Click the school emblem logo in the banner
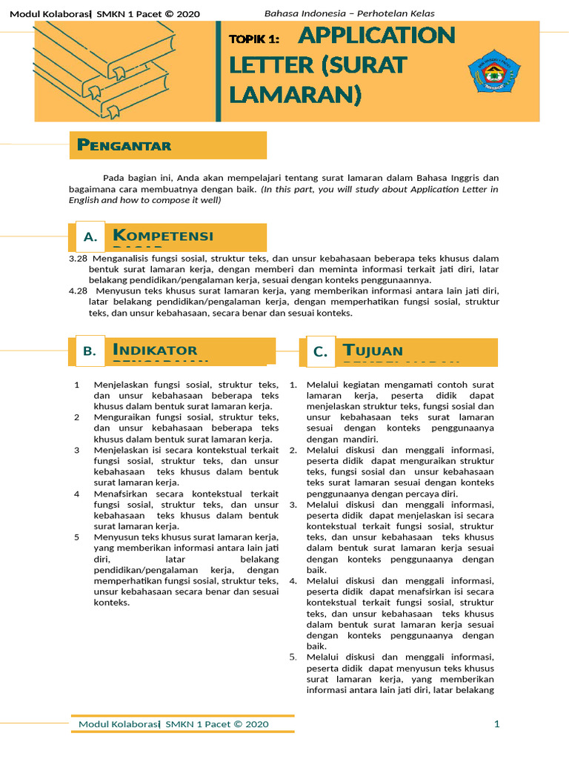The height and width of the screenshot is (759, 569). point(495,71)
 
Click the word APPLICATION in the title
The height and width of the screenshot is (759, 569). point(376,35)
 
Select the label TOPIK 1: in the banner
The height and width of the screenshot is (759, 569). point(253,39)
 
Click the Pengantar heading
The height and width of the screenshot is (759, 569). point(124,145)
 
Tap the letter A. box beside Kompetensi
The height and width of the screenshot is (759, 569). point(90,237)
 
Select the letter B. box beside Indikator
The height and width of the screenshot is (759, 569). point(90,352)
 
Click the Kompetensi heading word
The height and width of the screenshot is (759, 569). point(162,236)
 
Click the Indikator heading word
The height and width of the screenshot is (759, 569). point(155,350)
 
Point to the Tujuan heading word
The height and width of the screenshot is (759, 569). point(373,350)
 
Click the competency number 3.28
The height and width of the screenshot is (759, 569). point(78,259)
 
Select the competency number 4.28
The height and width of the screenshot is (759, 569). point(78,291)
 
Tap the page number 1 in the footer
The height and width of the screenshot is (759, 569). point(497,723)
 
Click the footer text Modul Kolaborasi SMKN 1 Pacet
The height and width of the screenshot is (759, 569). point(173,723)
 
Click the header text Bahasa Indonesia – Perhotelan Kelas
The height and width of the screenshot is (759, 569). point(350,13)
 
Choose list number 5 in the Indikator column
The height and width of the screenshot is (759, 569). point(77,537)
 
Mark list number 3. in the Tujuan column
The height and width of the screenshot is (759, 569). point(293,505)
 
